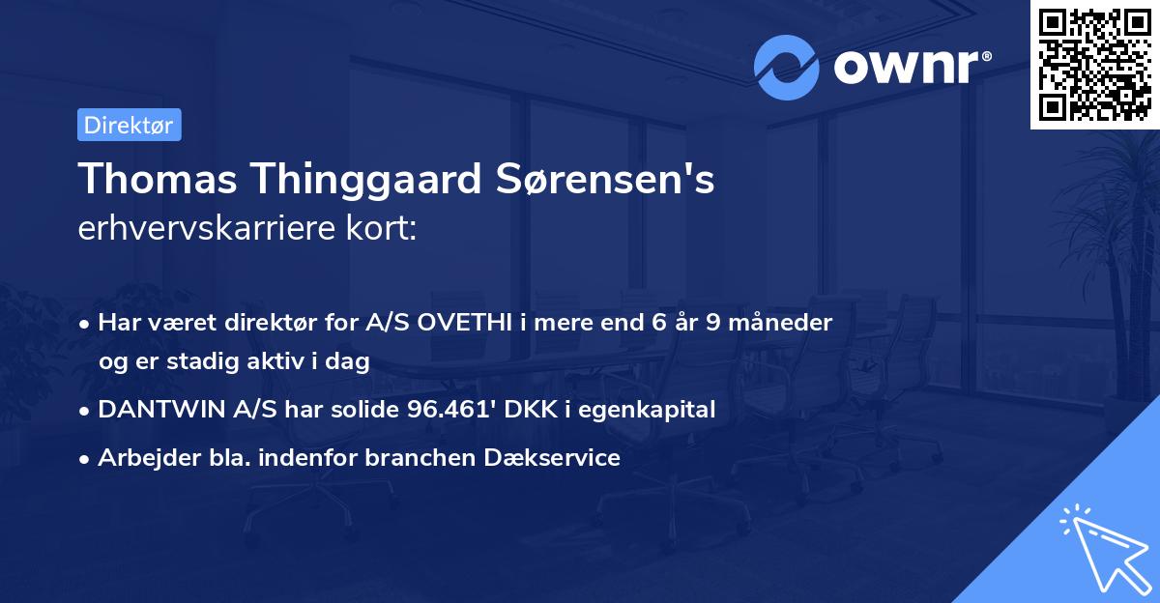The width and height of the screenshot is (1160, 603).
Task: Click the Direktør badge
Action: tap(129, 125)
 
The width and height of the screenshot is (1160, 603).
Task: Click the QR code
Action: tap(1094, 64)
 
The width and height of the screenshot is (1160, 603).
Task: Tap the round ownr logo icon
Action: tap(787, 67)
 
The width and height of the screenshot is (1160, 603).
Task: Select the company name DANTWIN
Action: tap(159, 409)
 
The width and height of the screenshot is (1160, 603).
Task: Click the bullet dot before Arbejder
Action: tap(86, 459)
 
